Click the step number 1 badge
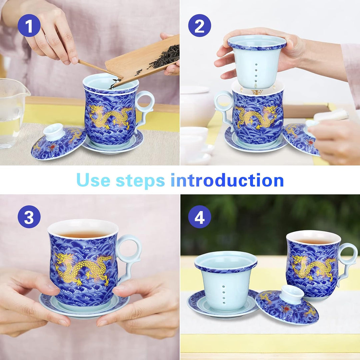(x=29, y=25)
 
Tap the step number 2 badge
(x=199, y=25)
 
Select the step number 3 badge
(x=29, y=217)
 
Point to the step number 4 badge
(x=199, y=217)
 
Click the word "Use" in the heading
(x=93, y=180)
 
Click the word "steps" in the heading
(x=140, y=180)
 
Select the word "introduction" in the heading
(x=227, y=180)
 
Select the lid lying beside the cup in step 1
(x=58, y=142)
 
